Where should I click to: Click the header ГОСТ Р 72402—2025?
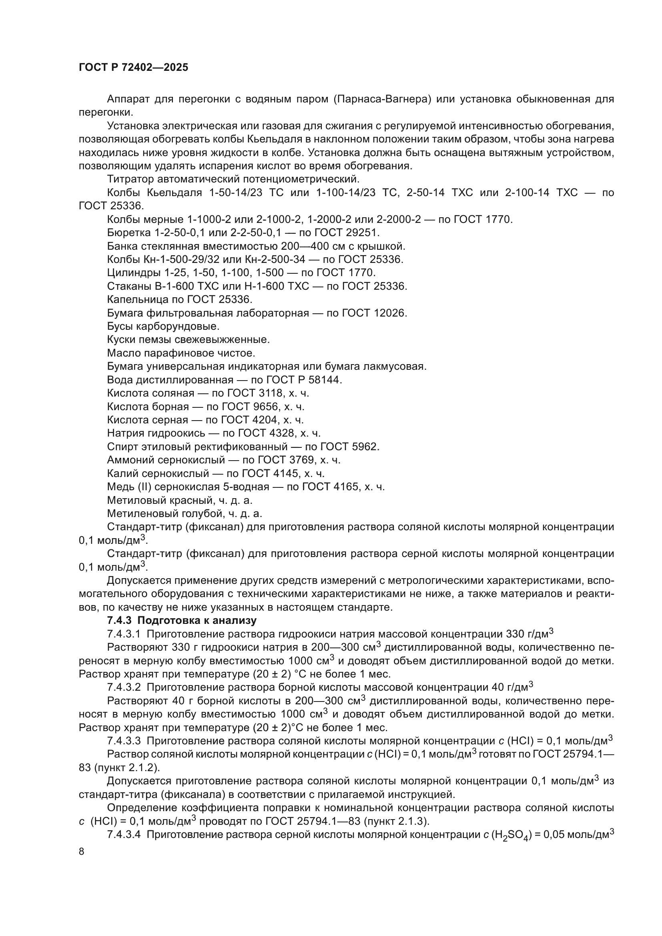(133, 68)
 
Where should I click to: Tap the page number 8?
(82, 851)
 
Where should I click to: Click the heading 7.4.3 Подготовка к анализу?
(182, 621)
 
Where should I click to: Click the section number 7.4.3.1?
(124, 634)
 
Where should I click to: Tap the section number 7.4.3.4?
(124, 834)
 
